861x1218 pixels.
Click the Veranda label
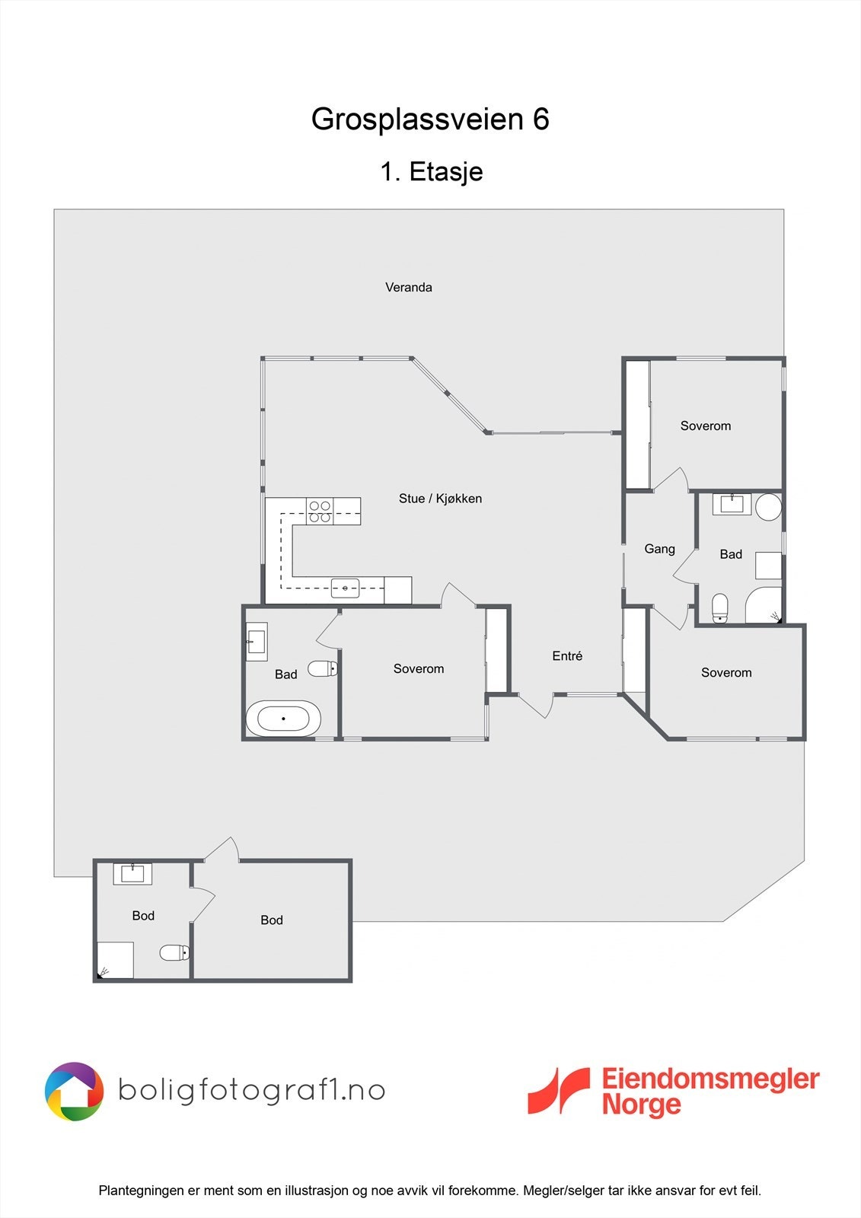409,287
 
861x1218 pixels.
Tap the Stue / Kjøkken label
440,498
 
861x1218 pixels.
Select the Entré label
567,655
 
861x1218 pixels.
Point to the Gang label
660,549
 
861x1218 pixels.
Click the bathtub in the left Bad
283,719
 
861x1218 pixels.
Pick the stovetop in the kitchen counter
320,511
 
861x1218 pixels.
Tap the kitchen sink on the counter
346,588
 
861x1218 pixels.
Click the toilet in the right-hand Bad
720,608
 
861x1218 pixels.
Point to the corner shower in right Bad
764,605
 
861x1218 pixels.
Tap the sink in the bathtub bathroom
257,642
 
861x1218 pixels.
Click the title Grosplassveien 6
430,119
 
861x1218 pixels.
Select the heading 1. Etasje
432,172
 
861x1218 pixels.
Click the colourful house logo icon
74,1092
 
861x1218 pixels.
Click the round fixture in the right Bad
769,507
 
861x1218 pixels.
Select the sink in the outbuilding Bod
132,874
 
